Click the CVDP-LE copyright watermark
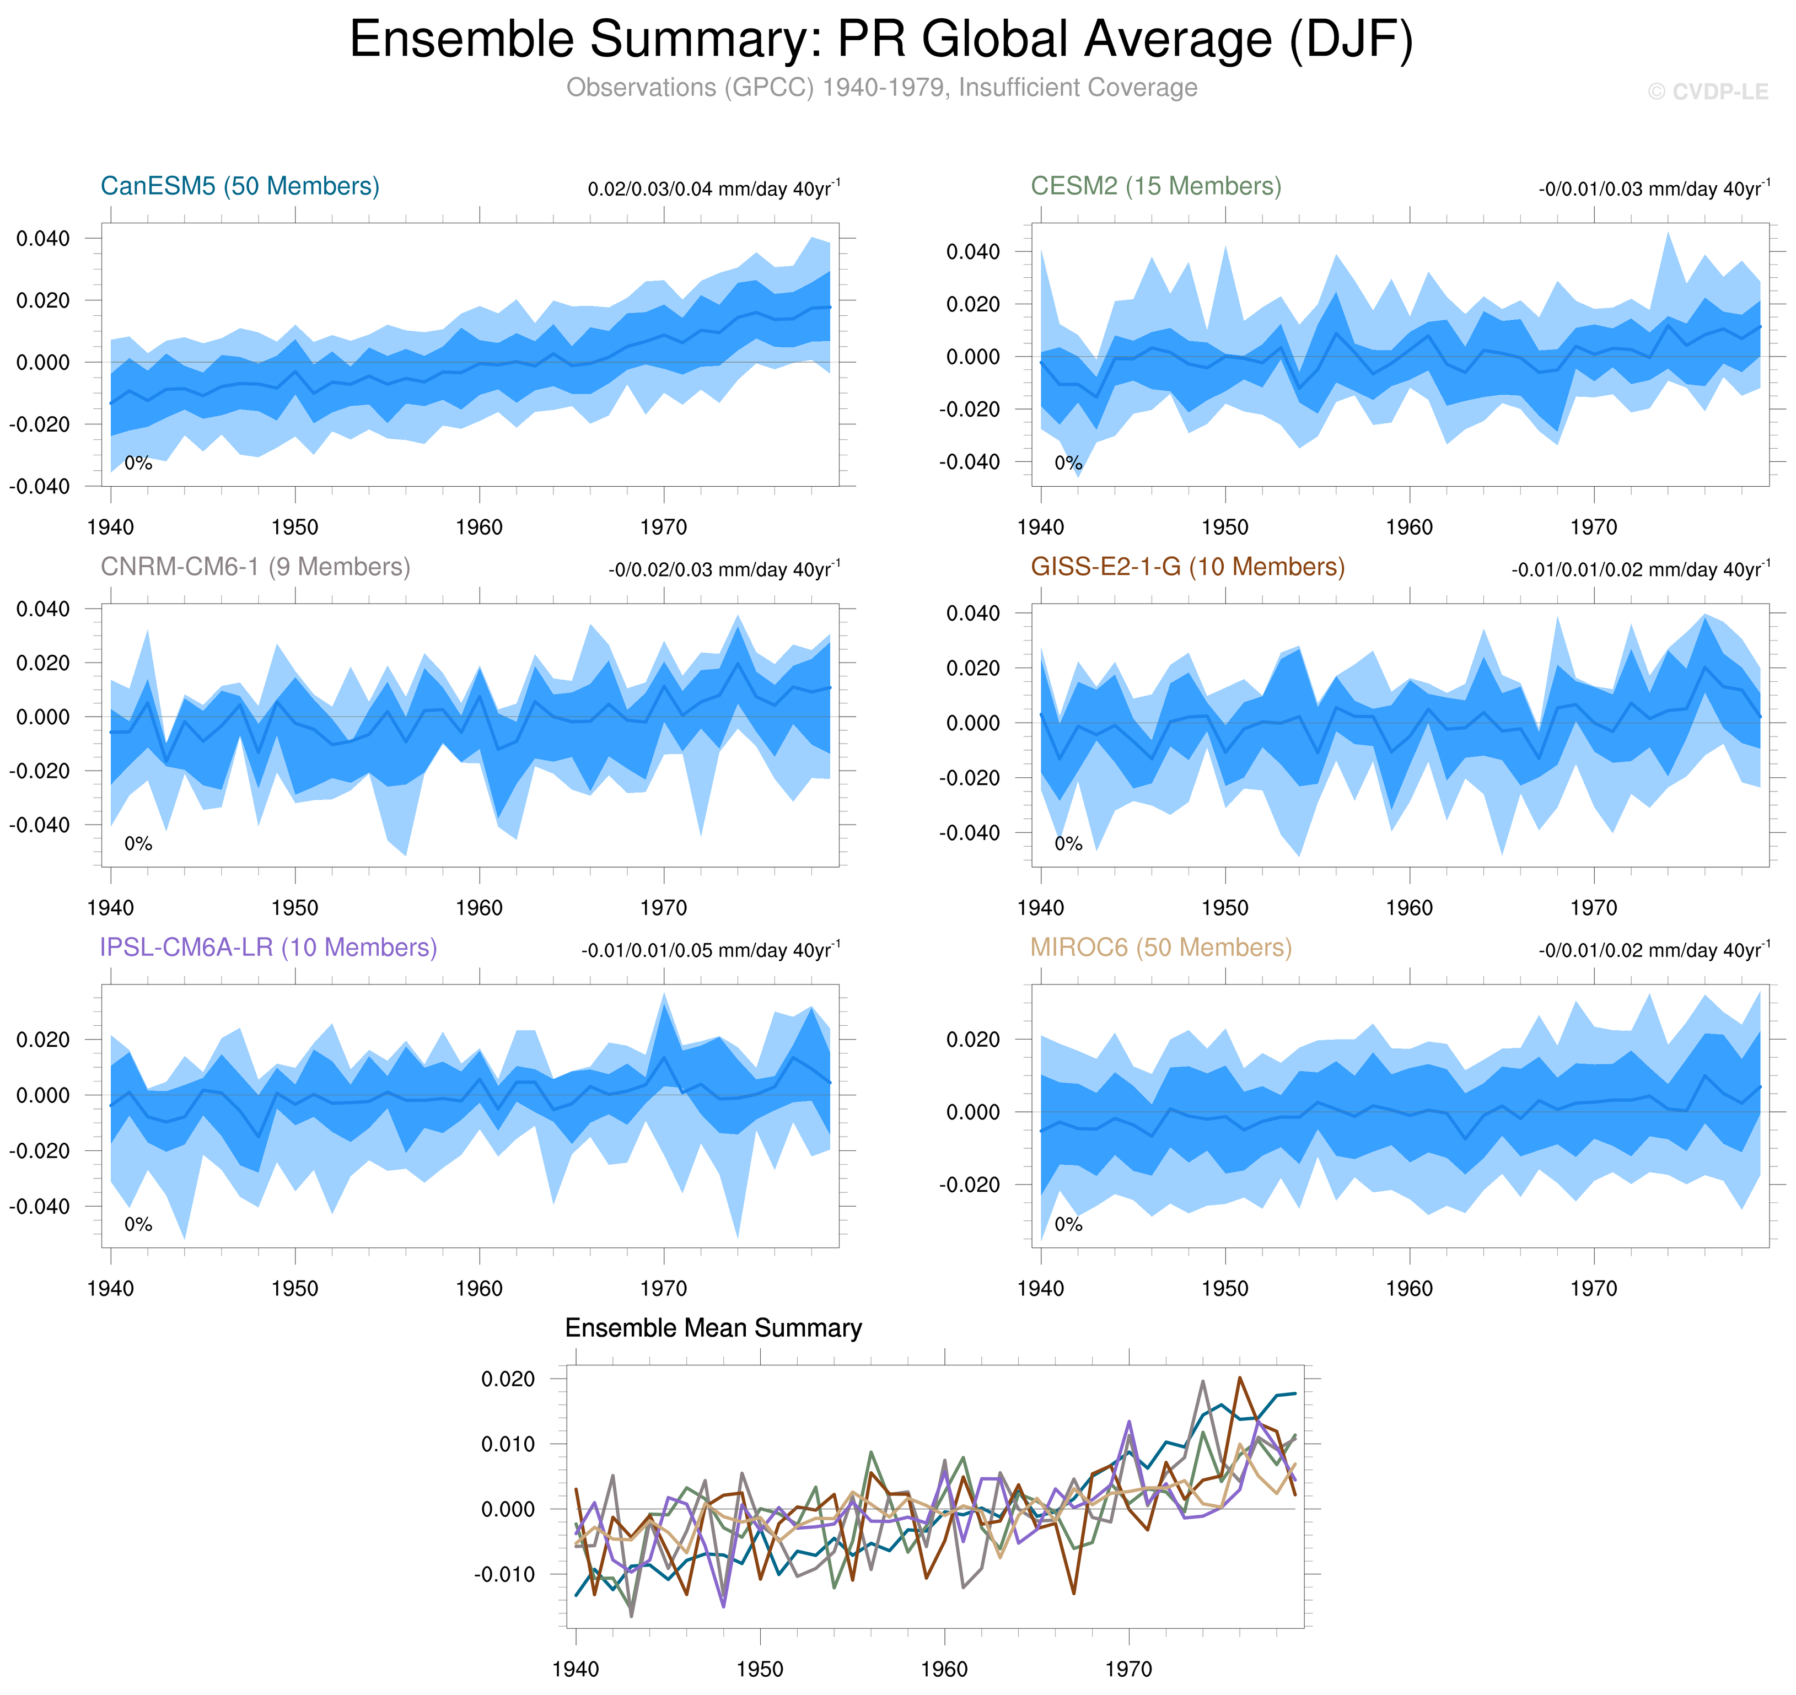click(1707, 92)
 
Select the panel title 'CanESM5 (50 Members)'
click(239, 186)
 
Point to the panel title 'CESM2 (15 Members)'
click(1155, 186)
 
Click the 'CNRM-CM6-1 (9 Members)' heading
click(255, 567)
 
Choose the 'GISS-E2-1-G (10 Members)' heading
click(1187, 567)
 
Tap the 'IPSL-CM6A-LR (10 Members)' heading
click(268, 947)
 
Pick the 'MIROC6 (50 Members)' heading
click(1161, 947)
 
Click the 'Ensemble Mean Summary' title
click(713, 1327)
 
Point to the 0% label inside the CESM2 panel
click(1068, 464)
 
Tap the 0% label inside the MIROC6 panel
click(1068, 1224)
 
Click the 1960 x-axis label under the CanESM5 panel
click(479, 527)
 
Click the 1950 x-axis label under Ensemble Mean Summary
click(760, 1669)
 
